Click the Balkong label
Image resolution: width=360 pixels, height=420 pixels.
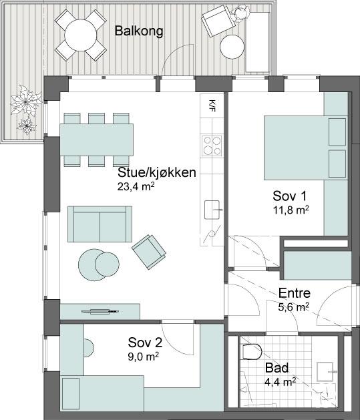click(139, 31)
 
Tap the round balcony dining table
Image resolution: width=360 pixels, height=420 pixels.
click(80, 35)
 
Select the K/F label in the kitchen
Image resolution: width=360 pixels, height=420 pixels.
click(212, 106)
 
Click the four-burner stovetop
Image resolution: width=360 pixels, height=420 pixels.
click(212, 146)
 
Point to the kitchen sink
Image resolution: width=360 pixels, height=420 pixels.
click(212, 210)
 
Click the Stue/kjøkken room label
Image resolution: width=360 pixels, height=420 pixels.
click(157, 172)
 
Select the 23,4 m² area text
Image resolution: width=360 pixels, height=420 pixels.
click(136, 186)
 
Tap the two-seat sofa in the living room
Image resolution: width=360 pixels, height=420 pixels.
click(100, 224)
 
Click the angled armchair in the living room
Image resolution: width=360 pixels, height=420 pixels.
click(149, 252)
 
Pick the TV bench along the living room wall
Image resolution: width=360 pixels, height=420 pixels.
click(100, 312)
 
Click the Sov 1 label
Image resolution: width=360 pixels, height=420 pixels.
click(290, 196)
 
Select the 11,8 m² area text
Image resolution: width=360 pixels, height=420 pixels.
click(291, 210)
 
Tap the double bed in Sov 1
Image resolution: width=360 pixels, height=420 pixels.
click(306, 148)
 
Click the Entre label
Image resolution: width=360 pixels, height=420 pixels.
click(295, 293)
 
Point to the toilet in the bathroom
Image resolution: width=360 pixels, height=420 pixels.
click(252, 351)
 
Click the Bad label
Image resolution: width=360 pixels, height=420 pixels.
click(277, 368)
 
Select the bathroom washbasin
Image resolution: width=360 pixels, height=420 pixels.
click(325, 371)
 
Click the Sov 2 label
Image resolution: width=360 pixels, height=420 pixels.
click(145, 343)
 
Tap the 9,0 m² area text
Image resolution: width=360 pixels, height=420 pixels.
click(144, 357)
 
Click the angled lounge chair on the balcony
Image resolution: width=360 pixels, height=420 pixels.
click(218, 21)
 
